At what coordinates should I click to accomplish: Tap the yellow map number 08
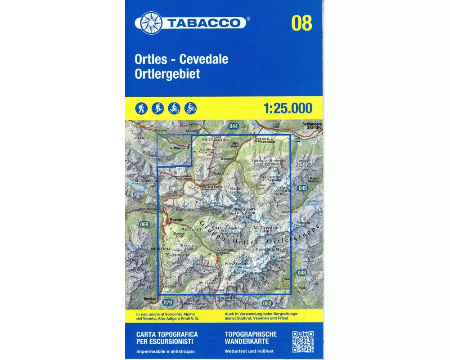[301, 22]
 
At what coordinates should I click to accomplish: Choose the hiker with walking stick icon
[141, 108]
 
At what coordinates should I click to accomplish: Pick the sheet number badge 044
[233, 126]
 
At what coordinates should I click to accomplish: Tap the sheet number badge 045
[302, 188]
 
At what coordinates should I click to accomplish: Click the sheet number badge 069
[144, 225]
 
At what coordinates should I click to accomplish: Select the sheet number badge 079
[168, 302]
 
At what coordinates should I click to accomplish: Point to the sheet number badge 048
[301, 273]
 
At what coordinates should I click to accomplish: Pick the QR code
[303, 342]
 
